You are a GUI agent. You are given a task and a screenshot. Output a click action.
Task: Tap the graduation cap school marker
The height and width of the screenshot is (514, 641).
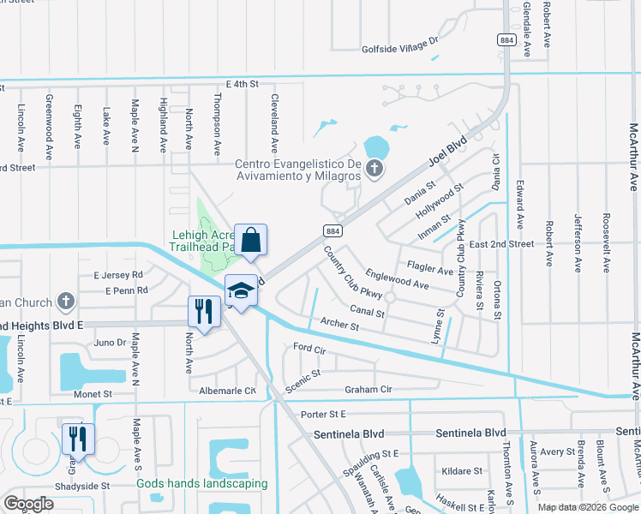(241, 290)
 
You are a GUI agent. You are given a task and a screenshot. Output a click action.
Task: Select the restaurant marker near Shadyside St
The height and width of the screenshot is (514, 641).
(77, 439)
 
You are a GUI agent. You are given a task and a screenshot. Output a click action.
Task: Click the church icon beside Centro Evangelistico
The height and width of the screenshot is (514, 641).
(374, 168)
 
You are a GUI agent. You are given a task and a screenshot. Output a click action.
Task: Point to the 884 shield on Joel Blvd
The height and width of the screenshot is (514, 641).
(333, 230)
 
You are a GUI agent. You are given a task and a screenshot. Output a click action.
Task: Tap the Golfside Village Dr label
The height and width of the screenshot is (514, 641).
(399, 39)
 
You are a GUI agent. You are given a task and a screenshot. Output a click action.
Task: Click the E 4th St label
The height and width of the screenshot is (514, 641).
(242, 84)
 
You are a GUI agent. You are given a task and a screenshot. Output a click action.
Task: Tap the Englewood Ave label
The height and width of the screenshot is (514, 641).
(397, 278)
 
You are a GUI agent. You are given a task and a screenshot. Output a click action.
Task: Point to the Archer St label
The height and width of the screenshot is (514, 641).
(338, 325)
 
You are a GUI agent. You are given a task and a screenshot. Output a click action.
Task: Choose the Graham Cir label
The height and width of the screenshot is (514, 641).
(368, 389)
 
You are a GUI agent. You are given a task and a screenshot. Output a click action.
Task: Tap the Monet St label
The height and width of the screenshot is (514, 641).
(93, 394)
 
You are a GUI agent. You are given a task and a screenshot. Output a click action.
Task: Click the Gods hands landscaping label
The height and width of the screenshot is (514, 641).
(202, 483)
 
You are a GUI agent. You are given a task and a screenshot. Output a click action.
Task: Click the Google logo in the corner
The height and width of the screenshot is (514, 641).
(28, 504)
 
